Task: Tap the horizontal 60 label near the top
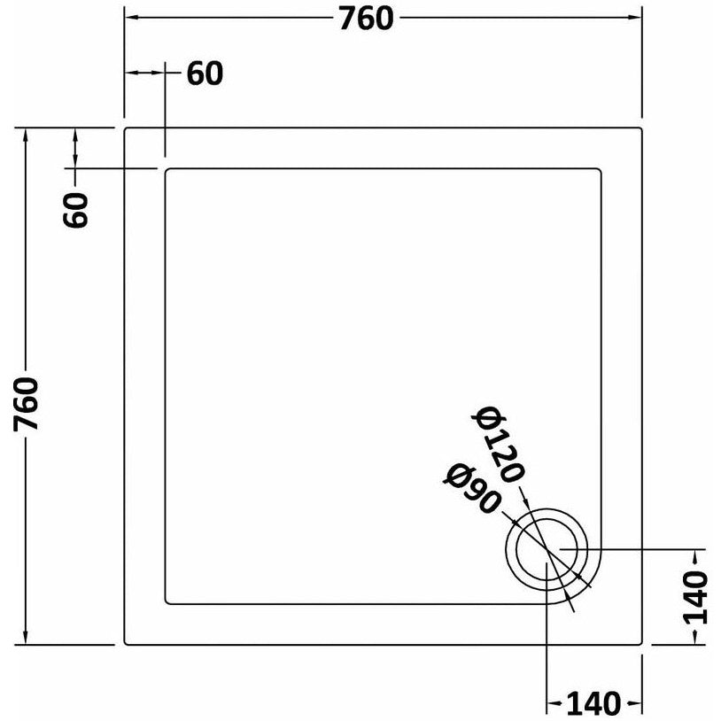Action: coord(205,74)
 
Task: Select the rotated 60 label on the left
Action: coord(78,210)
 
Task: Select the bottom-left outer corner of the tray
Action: coord(126,644)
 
